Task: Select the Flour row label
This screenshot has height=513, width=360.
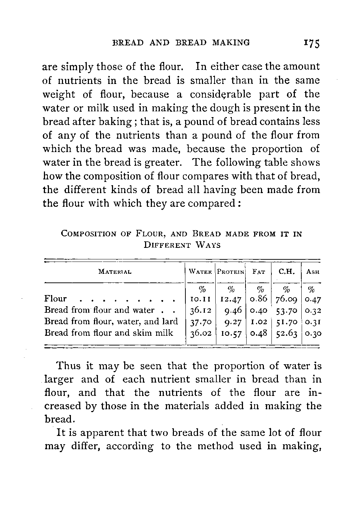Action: (55, 299)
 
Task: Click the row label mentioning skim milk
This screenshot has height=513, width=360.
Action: (109, 333)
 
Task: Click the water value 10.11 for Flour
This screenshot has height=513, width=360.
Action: (200, 299)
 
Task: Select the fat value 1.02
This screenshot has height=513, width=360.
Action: (259, 322)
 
